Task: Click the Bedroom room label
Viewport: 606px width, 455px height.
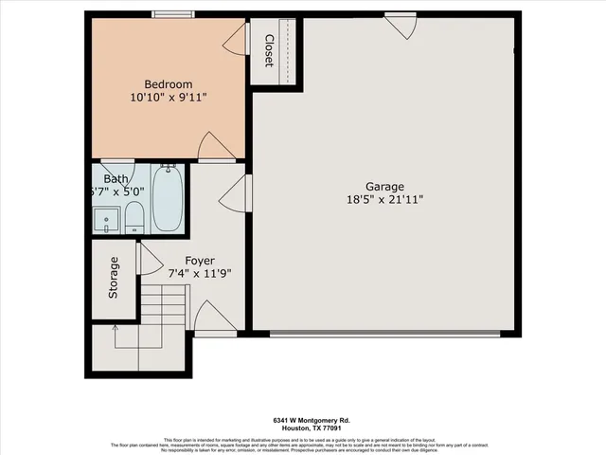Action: click(168, 82)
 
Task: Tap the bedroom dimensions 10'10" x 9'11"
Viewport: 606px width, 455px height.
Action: click(169, 97)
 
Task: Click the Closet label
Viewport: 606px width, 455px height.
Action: click(269, 51)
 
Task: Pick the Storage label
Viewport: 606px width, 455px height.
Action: click(114, 278)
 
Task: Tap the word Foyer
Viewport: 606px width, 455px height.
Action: click(199, 261)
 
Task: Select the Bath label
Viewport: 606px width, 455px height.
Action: click(116, 179)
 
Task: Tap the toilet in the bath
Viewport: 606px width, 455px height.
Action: click(134, 215)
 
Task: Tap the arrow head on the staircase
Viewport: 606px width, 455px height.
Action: click(114, 328)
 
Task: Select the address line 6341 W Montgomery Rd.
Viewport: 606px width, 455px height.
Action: click(302, 420)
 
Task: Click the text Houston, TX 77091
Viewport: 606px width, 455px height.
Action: click(302, 428)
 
